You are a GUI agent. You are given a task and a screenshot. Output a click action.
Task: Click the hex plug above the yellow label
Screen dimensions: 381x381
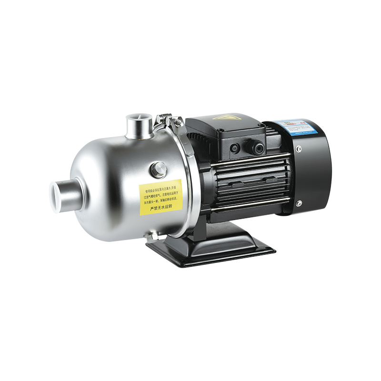click(158, 169)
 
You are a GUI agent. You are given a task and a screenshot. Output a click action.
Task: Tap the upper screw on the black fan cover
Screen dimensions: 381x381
click(299, 150)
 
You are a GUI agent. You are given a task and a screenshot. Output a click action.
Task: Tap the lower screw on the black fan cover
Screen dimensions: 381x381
click(298, 204)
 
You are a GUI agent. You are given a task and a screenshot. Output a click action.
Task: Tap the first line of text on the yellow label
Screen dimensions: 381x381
click(160, 186)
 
